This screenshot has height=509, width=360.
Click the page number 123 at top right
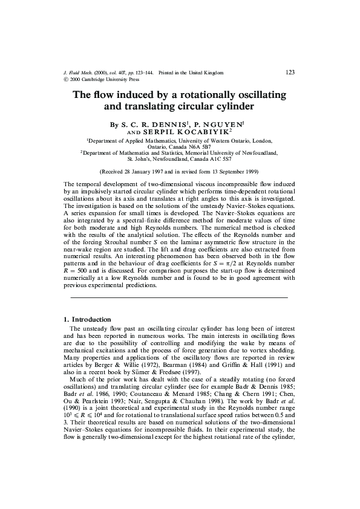click(x=290, y=73)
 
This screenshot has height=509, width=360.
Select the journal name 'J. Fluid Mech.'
click(x=78, y=73)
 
